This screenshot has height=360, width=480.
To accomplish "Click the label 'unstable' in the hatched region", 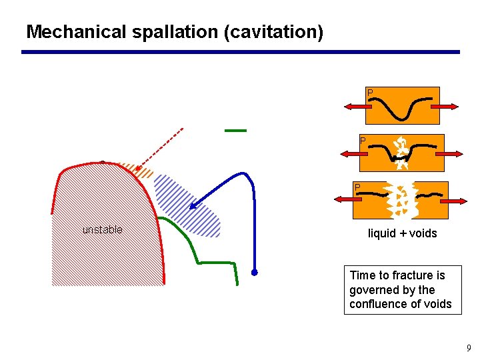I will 102,230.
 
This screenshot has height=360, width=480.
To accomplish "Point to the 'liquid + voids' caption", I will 402,233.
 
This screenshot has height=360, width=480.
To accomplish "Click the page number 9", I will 469,348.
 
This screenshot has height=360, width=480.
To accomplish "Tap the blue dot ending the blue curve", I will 254,272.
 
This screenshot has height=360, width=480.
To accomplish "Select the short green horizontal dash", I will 235,131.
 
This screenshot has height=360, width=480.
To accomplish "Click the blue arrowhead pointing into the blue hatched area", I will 193,205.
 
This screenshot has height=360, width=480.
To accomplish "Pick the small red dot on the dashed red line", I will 138,169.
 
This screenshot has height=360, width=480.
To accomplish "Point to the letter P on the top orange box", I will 370,92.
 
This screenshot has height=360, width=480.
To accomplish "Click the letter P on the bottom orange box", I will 357,187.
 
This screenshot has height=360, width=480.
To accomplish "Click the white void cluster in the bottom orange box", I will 401,200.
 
